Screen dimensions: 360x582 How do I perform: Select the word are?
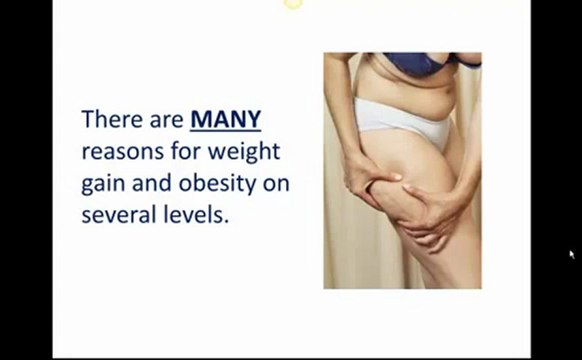(164, 120)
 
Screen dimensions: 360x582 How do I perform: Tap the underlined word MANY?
(225, 120)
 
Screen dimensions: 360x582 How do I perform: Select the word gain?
(102, 185)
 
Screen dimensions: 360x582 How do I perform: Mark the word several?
(117, 215)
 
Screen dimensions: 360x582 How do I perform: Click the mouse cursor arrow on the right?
(573, 255)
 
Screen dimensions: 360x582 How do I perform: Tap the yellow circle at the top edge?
(292, 4)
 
